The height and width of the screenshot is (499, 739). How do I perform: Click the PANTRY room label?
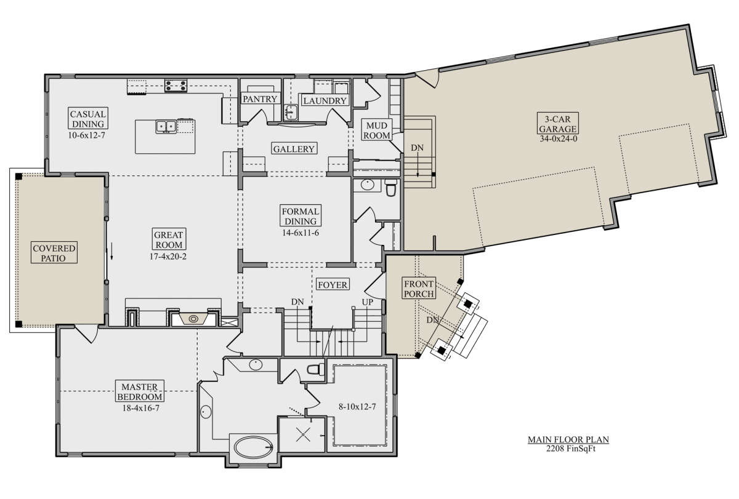pyautogui.click(x=260, y=99)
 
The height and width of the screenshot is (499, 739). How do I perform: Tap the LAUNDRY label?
pyautogui.click(x=325, y=100)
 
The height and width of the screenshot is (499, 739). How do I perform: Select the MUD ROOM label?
pyautogui.click(x=377, y=130)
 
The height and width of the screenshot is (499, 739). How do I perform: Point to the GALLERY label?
pyautogui.click(x=294, y=149)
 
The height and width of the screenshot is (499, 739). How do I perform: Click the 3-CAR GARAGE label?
pyautogui.click(x=557, y=124)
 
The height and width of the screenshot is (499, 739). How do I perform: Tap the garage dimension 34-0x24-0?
pyautogui.click(x=558, y=138)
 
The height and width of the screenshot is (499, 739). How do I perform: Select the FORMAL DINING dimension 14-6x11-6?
pyautogui.click(x=301, y=233)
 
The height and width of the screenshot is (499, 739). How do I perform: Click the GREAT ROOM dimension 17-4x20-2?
pyautogui.click(x=168, y=257)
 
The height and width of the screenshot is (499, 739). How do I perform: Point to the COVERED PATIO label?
pyautogui.click(x=54, y=253)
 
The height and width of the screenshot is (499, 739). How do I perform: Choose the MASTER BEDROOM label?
pyautogui.click(x=140, y=391)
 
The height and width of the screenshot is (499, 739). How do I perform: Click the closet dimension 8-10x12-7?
pyautogui.click(x=357, y=407)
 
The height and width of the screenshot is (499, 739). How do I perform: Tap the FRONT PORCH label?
pyautogui.click(x=419, y=289)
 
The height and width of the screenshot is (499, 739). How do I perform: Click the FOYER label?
pyautogui.click(x=333, y=284)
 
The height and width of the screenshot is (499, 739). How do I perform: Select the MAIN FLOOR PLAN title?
pyautogui.click(x=568, y=439)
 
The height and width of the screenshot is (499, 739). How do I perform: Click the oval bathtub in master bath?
pyautogui.click(x=254, y=447)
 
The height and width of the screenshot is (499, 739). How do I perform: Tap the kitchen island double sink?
pyautogui.click(x=166, y=126)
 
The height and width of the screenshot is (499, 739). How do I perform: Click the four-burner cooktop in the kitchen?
pyautogui.click(x=176, y=86)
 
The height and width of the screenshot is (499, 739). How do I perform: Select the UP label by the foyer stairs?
pyautogui.click(x=367, y=302)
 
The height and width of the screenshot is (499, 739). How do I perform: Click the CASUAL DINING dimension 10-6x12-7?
pyautogui.click(x=86, y=135)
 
